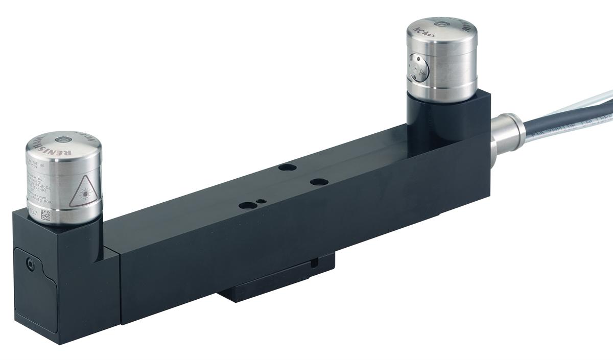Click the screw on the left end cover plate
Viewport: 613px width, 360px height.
click(31, 265)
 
